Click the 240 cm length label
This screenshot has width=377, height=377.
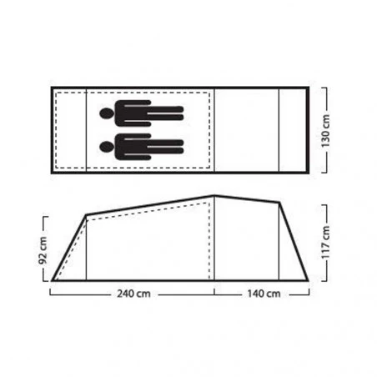(x=133, y=294)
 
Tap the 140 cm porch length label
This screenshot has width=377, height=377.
(x=264, y=294)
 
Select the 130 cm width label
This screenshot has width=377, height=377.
(x=325, y=131)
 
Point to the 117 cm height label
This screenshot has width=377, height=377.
(x=325, y=243)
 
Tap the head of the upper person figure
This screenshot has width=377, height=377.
(x=107, y=113)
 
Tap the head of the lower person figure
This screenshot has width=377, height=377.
(x=107, y=147)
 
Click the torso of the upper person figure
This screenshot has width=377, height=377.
(x=133, y=113)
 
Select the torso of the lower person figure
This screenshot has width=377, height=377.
(x=133, y=147)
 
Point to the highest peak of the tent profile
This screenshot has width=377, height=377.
(x=214, y=196)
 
